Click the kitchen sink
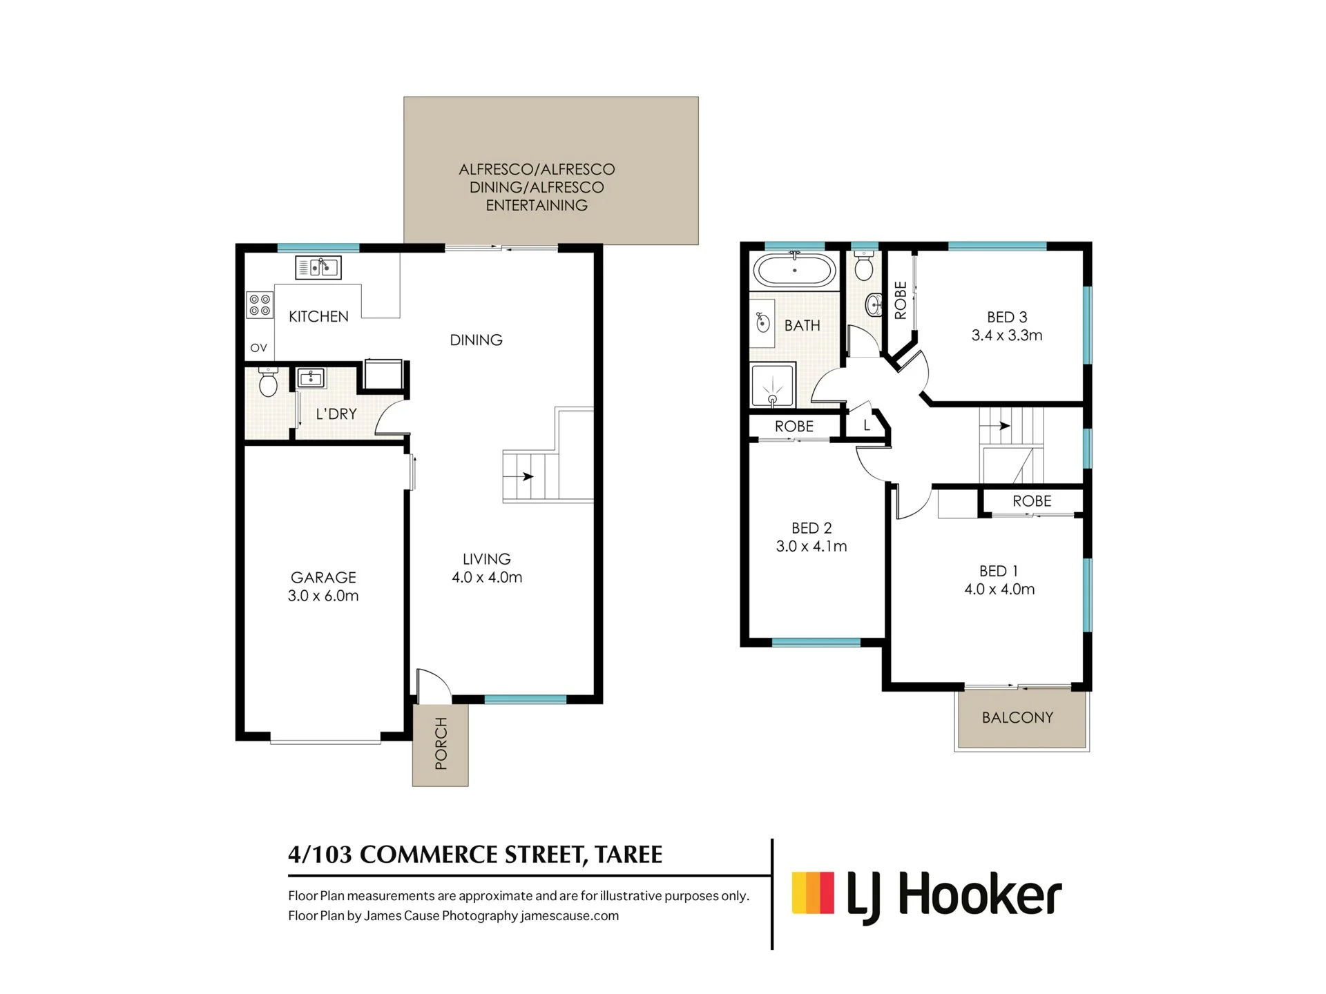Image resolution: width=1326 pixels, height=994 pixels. click(x=318, y=267)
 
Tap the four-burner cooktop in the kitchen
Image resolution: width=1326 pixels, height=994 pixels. click(x=260, y=305)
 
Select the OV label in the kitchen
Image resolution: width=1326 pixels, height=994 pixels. click(x=259, y=348)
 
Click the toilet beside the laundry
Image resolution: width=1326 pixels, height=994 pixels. click(x=267, y=382)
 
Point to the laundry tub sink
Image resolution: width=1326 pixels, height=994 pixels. click(x=311, y=378)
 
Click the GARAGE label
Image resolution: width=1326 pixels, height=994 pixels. click(x=323, y=578)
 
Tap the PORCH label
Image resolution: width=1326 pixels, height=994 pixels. click(x=441, y=743)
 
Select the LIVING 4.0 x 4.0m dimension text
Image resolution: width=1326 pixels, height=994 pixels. click(x=487, y=578)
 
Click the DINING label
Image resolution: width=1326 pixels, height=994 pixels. click(x=476, y=340)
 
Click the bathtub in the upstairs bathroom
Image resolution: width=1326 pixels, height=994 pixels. click(x=795, y=270)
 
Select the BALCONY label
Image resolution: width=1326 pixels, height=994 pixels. click(x=1017, y=718)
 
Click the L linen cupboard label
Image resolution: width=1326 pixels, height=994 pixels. click(x=867, y=426)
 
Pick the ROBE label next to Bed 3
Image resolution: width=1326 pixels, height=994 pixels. click(x=901, y=300)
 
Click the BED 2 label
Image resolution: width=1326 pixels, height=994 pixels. click(x=811, y=528)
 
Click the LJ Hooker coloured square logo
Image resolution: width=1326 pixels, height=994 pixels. click(x=813, y=893)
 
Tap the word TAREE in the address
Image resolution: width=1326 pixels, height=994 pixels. click(x=628, y=855)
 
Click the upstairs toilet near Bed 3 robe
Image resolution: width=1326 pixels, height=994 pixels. click(x=864, y=266)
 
